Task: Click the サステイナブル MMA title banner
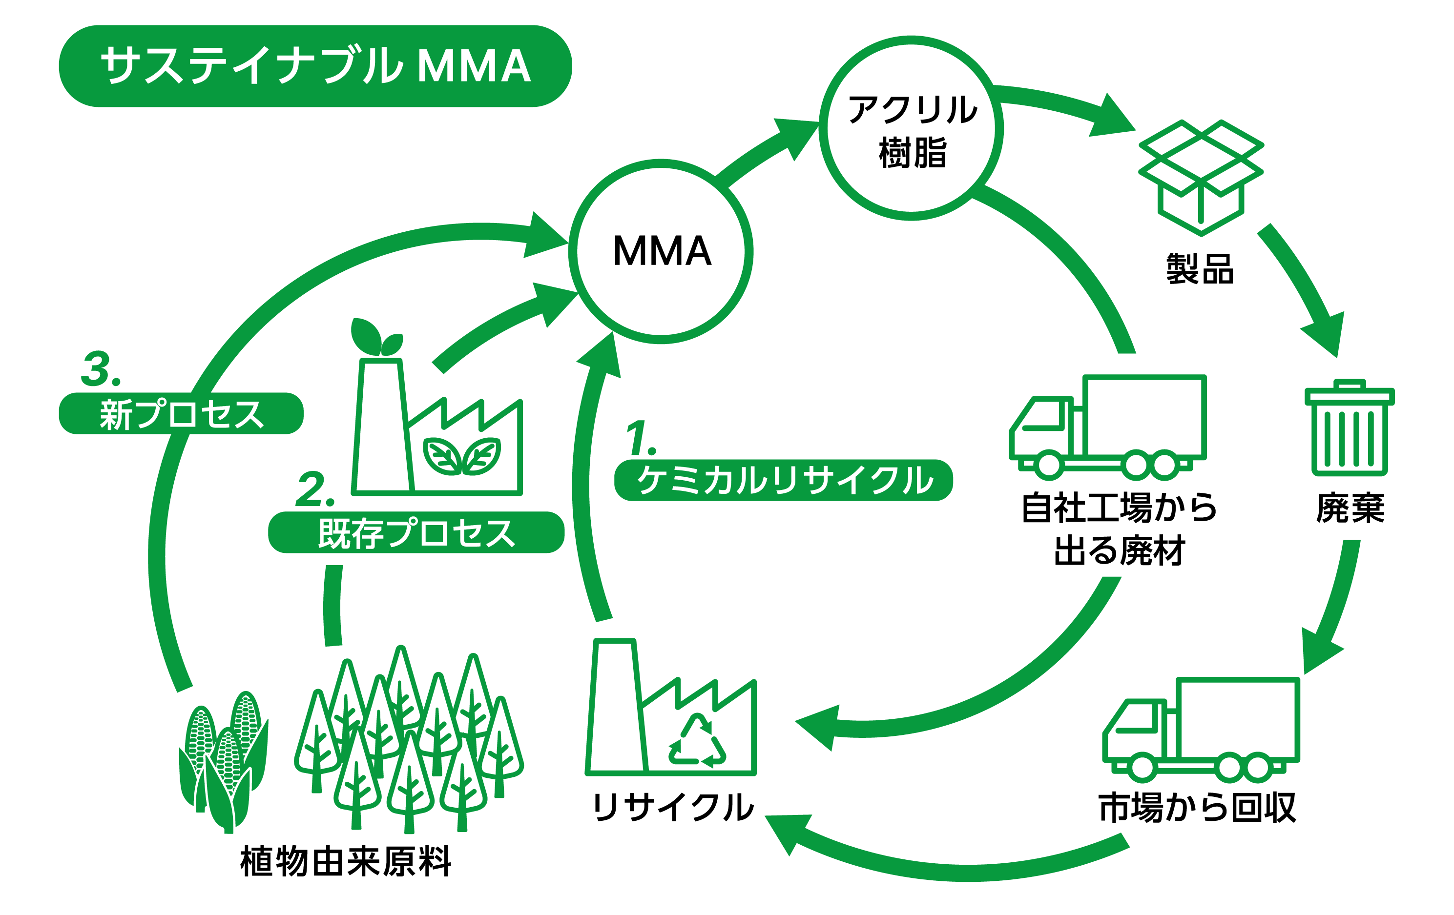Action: pyautogui.click(x=315, y=66)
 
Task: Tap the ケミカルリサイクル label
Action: pyautogui.click(x=783, y=480)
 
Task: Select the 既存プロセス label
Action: pyautogui.click(x=416, y=532)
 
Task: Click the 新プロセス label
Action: pyautogui.click(x=181, y=413)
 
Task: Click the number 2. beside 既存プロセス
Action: pyautogui.click(x=314, y=489)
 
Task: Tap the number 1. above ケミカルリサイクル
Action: pyautogui.click(x=640, y=438)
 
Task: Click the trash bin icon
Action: pyautogui.click(x=1349, y=428)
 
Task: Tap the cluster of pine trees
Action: pyautogui.click(x=409, y=739)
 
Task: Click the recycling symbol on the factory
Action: pyautogui.click(x=697, y=742)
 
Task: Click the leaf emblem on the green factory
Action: pyautogui.click(x=462, y=456)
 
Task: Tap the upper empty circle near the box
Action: pyautogui.click(x=911, y=128)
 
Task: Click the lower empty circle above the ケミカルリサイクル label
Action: pyautogui.click(x=661, y=251)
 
